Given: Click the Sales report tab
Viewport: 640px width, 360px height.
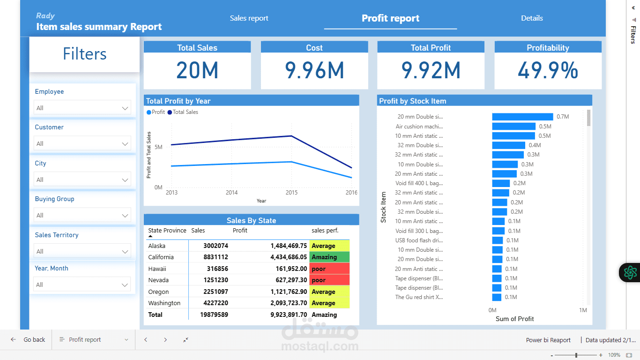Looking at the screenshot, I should click(249, 18).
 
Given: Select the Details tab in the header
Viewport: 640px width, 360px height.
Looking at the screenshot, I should click(532, 18).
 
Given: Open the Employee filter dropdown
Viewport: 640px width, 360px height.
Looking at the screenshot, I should click(82, 108).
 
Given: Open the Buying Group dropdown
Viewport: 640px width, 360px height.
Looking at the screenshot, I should click(82, 215).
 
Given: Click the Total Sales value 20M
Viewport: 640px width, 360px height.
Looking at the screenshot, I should click(197, 70).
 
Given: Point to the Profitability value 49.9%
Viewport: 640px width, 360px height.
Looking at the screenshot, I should click(548, 70).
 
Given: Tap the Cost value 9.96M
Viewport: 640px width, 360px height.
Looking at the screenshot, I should click(314, 70).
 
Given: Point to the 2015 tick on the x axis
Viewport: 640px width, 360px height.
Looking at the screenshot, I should click(291, 193).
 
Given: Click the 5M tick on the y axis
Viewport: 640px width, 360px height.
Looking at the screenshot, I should click(158, 147).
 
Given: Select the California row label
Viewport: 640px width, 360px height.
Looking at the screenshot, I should click(161, 257).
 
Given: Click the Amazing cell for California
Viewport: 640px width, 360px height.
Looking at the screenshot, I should click(329, 257).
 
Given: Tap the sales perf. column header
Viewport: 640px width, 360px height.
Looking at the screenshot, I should click(325, 230).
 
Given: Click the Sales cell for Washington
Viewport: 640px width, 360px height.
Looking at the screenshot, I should click(216, 303).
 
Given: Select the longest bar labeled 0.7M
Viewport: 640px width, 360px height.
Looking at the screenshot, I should click(522, 117).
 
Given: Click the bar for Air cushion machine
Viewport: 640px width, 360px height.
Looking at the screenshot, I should click(513, 126).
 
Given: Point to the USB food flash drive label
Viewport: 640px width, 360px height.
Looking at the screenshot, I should click(419, 240).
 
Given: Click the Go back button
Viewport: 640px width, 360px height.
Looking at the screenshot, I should click(29, 340).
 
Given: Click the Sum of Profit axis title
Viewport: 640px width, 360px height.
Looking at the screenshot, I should click(514, 319).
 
